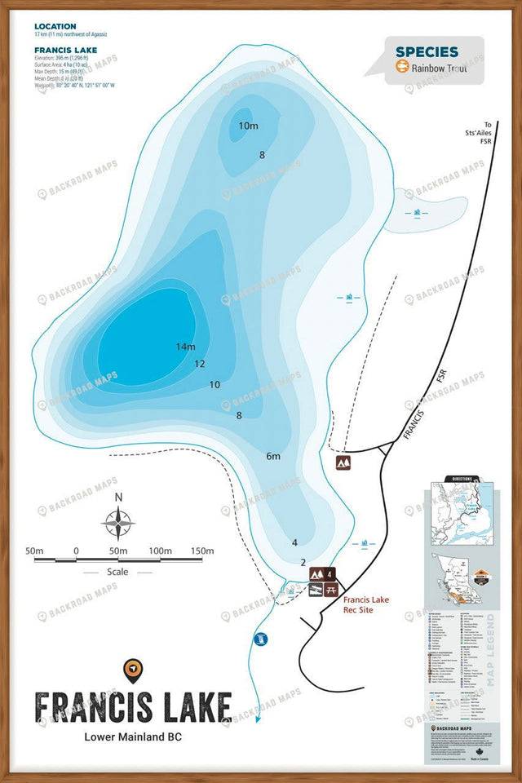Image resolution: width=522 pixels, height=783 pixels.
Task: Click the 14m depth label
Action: click(x=185, y=347)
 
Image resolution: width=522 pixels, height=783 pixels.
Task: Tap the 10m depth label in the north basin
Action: click(x=248, y=126)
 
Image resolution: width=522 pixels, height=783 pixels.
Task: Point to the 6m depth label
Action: click(x=272, y=456)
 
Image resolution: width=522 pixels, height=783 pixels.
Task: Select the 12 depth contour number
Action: click(x=199, y=364)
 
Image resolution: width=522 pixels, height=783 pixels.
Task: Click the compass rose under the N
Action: click(x=118, y=523)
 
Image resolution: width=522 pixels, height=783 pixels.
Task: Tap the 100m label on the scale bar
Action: click(x=161, y=551)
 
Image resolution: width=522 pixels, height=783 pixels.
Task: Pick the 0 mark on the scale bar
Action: click(x=76, y=551)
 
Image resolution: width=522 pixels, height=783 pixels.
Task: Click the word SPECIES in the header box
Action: click(x=427, y=52)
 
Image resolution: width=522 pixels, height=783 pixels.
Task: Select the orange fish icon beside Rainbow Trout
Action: click(x=401, y=69)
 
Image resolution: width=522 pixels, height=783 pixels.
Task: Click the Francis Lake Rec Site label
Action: click(x=366, y=604)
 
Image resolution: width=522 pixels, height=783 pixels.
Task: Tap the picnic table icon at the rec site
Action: click(x=330, y=590)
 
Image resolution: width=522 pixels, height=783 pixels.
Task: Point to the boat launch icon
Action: click(x=316, y=590)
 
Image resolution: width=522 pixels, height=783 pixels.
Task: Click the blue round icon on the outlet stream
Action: click(x=261, y=639)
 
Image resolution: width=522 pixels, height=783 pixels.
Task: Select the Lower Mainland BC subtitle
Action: click(x=133, y=737)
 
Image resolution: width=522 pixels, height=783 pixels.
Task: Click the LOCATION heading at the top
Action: click(x=55, y=27)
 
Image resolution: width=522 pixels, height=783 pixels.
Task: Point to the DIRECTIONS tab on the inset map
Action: click(x=457, y=479)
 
